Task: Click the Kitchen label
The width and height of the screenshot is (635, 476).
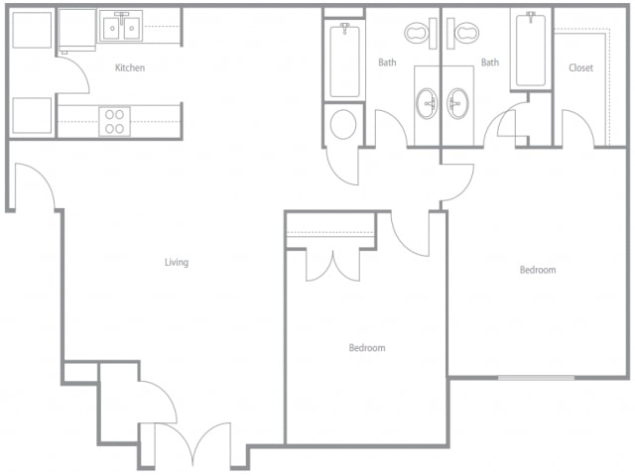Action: tap(130, 67)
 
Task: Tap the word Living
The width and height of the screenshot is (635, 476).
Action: tap(177, 262)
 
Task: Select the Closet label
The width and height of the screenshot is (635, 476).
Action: tap(580, 67)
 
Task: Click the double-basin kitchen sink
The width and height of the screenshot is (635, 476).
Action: tap(121, 27)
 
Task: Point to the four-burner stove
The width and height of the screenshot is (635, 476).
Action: tap(115, 121)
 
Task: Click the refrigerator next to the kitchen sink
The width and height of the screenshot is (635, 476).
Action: tap(77, 30)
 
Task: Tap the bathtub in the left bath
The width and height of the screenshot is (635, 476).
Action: tap(344, 60)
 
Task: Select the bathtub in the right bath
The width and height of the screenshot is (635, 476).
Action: tap(531, 50)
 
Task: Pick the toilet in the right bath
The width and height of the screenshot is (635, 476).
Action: tap(463, 33)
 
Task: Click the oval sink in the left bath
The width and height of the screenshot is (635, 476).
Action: tap(427, 103)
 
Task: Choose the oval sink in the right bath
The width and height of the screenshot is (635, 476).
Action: tap(458, 103)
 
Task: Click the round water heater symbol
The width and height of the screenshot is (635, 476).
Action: tap(343, 124)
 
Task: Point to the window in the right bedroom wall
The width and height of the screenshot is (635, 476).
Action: tap(536, 378)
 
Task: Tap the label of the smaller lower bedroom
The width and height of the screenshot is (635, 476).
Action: tap(367, 348)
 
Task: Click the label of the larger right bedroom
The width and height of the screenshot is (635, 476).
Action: tap(538, 270)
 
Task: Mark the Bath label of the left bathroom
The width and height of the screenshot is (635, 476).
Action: tap(387, 62)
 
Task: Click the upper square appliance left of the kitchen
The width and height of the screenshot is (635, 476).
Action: tap(32, 30)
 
